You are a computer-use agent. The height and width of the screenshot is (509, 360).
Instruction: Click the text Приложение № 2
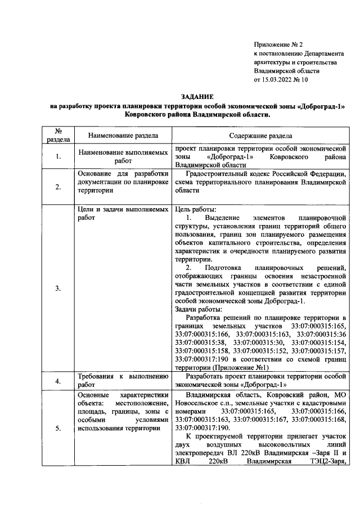(x=278, y=44)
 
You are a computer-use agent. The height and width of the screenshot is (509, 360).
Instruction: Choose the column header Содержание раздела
(x=260, y=136)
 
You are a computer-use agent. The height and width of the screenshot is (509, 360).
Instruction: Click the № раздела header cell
(x=57, y=136)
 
